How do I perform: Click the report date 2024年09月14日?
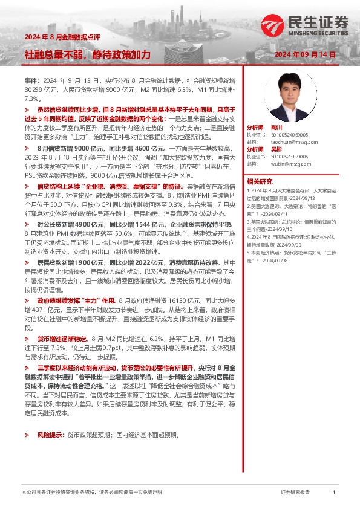[309, 54]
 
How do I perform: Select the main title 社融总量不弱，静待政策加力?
[87, 54]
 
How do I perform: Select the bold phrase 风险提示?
[50, 418]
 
